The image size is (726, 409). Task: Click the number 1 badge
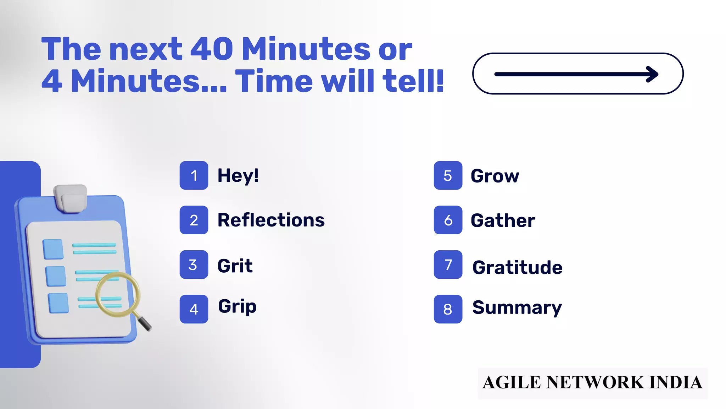click(194, 175)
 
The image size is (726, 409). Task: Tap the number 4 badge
click(194, 309)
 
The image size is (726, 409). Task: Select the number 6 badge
click(448, 220)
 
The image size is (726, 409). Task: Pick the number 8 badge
click(448, 309)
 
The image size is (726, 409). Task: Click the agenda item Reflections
click(271, 220)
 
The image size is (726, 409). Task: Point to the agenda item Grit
click(235, 266)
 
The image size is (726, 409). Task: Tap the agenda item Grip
click(237, 307)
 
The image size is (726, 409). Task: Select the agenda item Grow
click(495, 176)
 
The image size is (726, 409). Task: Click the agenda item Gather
click(503, 220)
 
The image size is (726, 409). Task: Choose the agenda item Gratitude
click(517, 267)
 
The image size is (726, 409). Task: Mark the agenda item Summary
click(517, 307)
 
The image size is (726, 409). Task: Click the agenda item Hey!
click(238, 176)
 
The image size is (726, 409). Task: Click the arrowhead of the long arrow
click(653, 74)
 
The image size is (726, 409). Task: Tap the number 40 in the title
click(212, 49)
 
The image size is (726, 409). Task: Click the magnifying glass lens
click(117, 294)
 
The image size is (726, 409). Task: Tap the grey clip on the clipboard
click(71, 198)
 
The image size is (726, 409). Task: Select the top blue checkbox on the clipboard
click(53, 249)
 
